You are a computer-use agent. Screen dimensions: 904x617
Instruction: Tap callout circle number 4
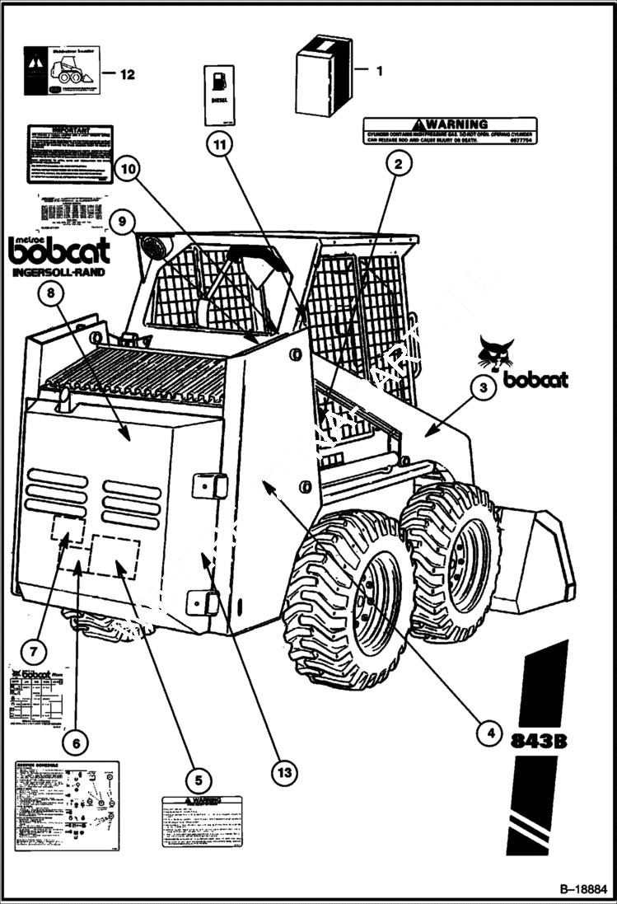(490, 730)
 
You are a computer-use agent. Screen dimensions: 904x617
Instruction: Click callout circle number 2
(398, 163)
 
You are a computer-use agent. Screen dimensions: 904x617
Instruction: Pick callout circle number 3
(484, 386)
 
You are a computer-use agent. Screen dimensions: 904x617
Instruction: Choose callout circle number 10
(127, 171)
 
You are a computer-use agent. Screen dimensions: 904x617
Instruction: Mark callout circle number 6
(77, 743)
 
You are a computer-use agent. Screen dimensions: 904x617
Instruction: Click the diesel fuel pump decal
(219, 95)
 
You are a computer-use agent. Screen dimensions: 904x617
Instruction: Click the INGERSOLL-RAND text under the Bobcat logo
(58, 272)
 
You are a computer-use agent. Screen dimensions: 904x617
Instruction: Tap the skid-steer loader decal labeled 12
(62, 70)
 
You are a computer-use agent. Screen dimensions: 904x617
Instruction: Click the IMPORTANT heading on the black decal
(69, 130)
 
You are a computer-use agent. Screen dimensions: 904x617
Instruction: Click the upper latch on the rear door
(209, 485)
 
